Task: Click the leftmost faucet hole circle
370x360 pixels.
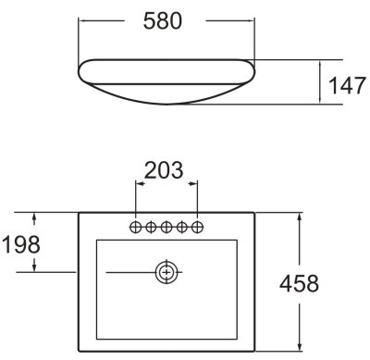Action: coord(136,225)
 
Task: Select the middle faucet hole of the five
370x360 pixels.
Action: coord(167,225)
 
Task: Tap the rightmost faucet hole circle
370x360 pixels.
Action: coord(198,225)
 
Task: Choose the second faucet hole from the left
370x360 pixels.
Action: coord(152,225)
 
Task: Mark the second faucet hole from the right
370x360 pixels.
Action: coord(183,225)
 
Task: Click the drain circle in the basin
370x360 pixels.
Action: coord(167,272)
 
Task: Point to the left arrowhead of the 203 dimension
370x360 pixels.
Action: coord(140,184)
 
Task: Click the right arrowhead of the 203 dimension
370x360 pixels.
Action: coord(195,184)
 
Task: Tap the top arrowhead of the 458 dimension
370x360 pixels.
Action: coord(298,218)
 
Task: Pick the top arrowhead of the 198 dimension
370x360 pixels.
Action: coord(36,218)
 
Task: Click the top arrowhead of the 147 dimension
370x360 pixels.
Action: coord(319,64)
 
